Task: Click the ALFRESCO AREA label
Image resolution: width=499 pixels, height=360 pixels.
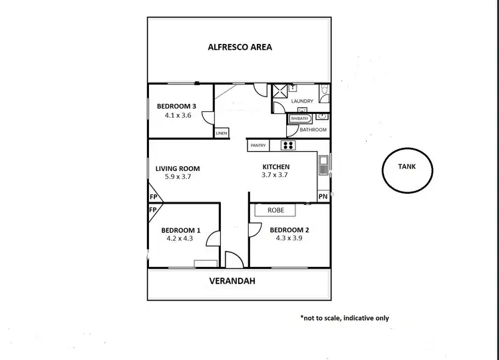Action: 240,47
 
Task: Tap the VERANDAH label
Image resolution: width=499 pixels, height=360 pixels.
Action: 232,281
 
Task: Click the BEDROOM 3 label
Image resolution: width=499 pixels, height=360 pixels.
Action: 176,106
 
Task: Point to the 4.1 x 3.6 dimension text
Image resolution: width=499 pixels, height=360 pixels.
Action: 178,115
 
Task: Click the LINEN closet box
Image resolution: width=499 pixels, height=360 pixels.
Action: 222,133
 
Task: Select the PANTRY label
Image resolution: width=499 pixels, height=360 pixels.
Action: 259,145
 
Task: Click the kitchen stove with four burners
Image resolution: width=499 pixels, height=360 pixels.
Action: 289,145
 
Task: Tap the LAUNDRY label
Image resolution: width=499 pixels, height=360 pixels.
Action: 303,101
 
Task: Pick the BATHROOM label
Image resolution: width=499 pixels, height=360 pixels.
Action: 313,130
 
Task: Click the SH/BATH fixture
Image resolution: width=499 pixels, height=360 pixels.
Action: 299,118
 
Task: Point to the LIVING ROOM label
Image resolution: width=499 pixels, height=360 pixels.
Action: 178,168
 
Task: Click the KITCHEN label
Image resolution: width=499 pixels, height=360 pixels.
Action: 276,166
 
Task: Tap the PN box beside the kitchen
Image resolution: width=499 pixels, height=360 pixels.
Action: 323,196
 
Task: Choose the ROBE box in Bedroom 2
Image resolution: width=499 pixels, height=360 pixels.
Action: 276,210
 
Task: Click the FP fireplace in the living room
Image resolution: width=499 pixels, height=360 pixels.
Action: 153,197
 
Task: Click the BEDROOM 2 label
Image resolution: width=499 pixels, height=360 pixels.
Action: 289,230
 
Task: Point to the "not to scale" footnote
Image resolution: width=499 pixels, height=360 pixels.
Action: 345,318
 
